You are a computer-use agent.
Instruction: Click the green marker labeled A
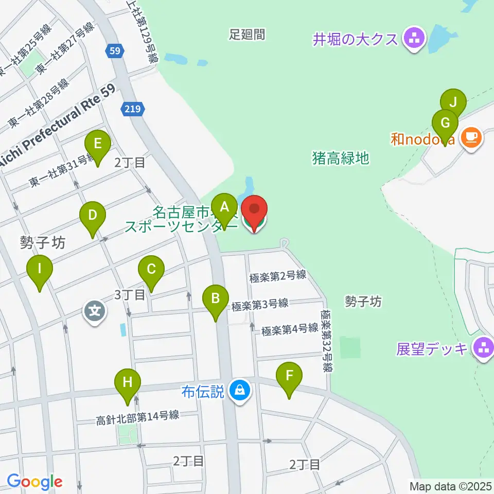[224, 208]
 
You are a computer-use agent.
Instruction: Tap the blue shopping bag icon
[240, 391]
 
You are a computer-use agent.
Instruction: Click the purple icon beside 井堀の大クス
[414, 38]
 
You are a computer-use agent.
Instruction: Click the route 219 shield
[134, 109]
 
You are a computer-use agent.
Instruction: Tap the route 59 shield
[114, 50]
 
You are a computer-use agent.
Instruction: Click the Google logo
[34, 482]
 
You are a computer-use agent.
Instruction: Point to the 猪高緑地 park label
[340, 157]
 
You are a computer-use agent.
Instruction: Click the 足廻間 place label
[247, 34]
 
